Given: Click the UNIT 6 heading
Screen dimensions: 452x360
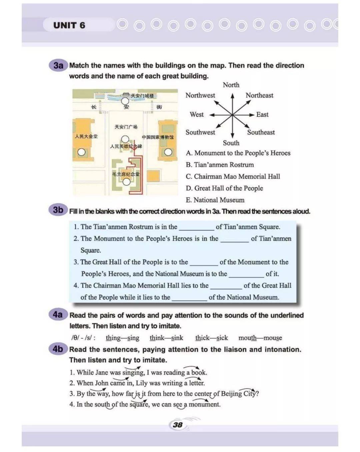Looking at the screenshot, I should pos(69,25).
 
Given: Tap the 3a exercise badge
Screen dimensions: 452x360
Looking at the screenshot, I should pos(58,65).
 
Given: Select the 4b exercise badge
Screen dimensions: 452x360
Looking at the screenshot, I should pos(58,349).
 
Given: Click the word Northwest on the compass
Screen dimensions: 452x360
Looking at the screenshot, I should pos(200,95).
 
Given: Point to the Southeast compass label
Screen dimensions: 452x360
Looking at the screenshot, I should pos(261,132).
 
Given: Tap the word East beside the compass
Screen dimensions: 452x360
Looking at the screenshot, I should pos(262,115).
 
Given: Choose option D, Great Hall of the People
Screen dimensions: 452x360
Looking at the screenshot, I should pos(224,188).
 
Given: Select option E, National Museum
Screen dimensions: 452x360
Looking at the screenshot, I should pos(215,200).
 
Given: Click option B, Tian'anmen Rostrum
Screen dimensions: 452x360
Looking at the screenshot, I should pos(220,165).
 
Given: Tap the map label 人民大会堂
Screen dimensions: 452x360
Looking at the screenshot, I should pos(86,136).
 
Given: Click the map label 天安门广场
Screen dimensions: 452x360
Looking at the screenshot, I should pos(126,127).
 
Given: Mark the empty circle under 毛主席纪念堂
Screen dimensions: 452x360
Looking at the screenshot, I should pos(126,182).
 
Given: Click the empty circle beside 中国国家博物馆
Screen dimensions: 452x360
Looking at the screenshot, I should pos(168,152).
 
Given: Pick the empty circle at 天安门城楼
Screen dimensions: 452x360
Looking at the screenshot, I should pos(125,101).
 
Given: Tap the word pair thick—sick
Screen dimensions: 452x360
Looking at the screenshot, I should pos(212,338).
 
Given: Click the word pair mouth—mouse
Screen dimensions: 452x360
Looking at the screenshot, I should pos(260,338).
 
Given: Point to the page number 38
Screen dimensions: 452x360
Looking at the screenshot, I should pos(178,425).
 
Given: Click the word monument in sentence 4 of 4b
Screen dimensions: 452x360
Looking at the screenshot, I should pos(204,405).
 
